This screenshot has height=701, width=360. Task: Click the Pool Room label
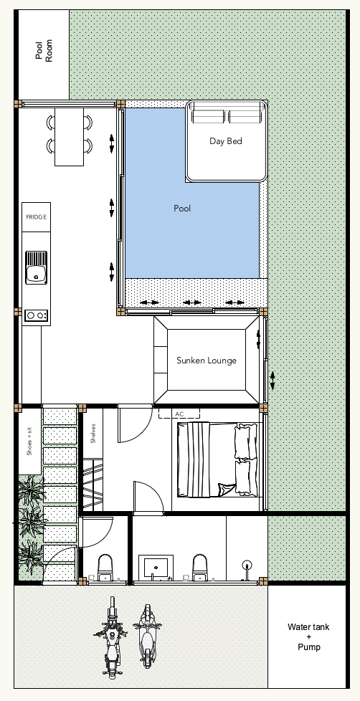tap(44, 50)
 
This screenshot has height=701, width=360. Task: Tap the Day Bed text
tap(226, 141)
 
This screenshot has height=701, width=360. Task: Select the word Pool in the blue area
tap(182, 209)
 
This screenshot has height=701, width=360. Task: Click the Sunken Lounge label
tap(206, 361)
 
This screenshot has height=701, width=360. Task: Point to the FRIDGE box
tap(37, 217)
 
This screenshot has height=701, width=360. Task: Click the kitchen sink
tap(37, 267)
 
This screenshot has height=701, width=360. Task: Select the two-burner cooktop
tap(37, 315)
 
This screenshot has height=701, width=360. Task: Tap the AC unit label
tap(179, 414)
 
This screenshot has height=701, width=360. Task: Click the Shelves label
tap(93, 433)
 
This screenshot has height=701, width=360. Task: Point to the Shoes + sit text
tap(29, 442)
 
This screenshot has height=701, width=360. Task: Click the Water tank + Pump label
tap(308, 636)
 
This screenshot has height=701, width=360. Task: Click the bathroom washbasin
tap(156, 568)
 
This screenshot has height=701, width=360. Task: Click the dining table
tap(70, 137)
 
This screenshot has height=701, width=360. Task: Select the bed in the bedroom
tap(218, 459)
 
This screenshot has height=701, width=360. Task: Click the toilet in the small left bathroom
tap(105, 568)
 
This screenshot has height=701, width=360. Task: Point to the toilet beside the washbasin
tap(200, 568)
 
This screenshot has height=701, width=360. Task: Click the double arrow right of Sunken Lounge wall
tap(273, 381)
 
